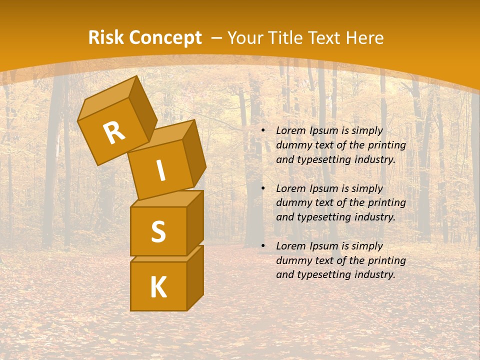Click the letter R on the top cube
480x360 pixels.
(x=114, y=133)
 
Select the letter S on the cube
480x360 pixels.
(x=158, y=231)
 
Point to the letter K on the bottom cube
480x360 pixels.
(x=158, y=287)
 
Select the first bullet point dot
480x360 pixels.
(x=263, y=131)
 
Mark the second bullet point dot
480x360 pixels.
(x=263, y=189)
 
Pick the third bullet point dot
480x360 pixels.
(x=263, y=246)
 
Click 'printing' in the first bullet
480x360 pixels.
(x=387, y=145)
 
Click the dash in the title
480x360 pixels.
(x=217, y=38)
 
